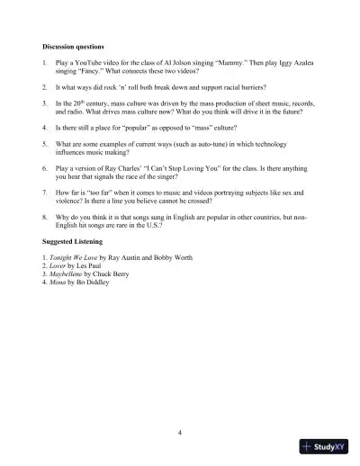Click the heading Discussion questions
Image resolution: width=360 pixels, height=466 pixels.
click(x=73, y=46)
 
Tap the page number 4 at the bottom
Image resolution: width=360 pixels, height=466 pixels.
click(x=180, y=433)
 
